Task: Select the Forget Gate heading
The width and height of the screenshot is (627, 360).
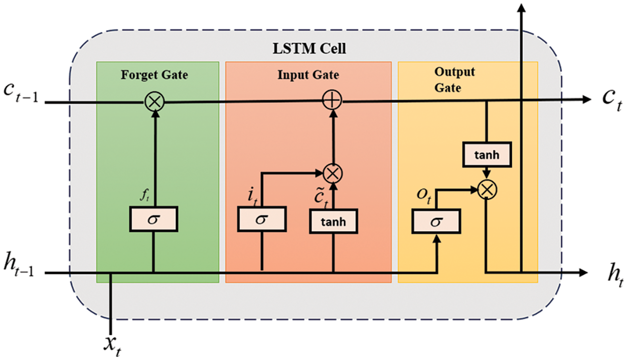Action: tap(154, 75)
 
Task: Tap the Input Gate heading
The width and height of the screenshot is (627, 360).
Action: tap(308, 75)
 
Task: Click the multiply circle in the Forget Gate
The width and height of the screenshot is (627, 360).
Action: tap(153, 102)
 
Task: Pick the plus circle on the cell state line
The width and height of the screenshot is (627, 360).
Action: tap(332, 102)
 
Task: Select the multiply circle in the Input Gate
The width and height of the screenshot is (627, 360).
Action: tap(332, 173)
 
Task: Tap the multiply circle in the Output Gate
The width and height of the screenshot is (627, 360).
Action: tap(486, 190)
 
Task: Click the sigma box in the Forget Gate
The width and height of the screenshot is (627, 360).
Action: tap(153, 220)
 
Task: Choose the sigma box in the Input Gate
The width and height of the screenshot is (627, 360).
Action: tap(261, 220)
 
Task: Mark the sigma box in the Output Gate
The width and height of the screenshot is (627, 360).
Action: tap(436, 221)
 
